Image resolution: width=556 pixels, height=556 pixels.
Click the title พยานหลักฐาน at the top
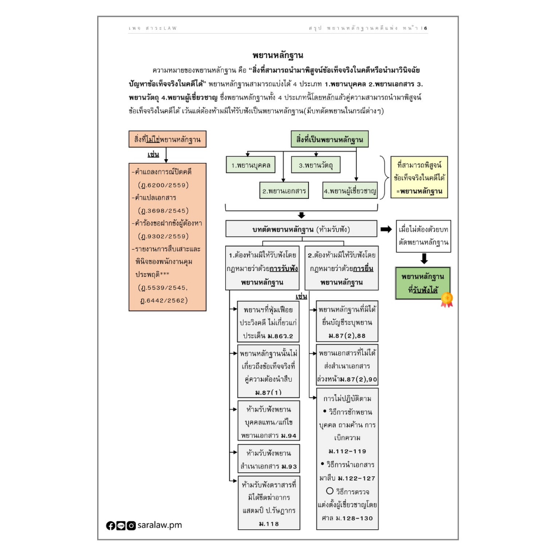[x=277, y=55]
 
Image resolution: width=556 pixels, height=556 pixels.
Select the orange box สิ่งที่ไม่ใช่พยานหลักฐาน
[x=167, y=139]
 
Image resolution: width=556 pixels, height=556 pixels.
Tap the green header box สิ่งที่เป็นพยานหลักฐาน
[x=330, y=139]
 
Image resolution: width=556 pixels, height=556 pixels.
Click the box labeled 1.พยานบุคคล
[x=251, y=165]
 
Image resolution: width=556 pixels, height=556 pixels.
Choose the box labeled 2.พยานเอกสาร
[x=284, y=191]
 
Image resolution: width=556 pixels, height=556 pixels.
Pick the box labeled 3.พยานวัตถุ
[x=315, y=165]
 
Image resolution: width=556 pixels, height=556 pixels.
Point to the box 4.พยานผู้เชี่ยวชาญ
[x=350, y=191]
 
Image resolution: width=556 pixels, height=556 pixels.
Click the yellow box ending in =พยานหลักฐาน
[x=419, y=178]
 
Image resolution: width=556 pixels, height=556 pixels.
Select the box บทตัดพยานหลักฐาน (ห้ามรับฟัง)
[x=301, y=229]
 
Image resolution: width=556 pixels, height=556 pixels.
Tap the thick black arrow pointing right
[x=386, y=230]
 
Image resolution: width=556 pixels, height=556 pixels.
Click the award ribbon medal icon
[x=447, y=300]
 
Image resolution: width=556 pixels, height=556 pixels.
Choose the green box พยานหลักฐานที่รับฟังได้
[x=422, y=283]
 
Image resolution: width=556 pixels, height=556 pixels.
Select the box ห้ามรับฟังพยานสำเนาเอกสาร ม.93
[x=269, y=458]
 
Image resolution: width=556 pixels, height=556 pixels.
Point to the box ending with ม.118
[x=269, y=503]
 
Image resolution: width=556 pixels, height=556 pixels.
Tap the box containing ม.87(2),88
[x=347, y=321]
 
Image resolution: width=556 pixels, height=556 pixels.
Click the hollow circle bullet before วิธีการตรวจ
[x=330, y=491]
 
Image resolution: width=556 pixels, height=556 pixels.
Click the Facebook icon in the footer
[x=111, y=526]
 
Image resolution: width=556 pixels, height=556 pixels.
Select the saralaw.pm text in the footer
[x=160, y=525]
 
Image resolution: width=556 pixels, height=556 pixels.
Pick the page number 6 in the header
[x=426, y=28]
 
